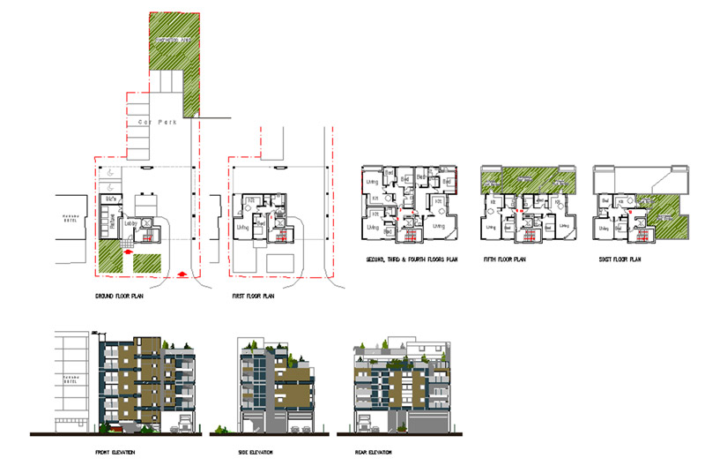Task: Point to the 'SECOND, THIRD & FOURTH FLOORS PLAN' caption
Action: pos(412,260)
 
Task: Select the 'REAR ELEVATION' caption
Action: pos(371,453)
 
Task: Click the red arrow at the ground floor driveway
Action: pos(183,274)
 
